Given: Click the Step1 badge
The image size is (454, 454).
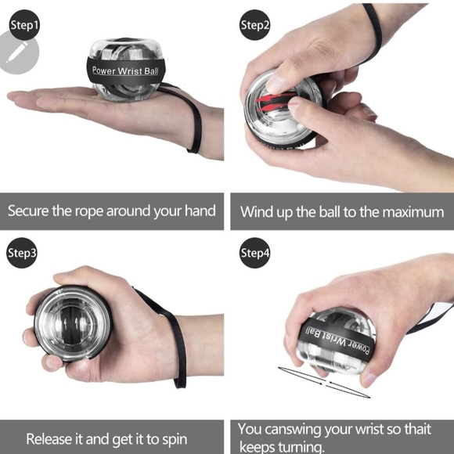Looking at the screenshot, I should [24, 25].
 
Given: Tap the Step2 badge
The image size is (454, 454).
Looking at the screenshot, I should [255, 25].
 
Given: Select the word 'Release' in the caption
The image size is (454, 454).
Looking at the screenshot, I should [52, 439].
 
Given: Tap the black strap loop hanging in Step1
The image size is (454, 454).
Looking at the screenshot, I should [195, 125].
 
